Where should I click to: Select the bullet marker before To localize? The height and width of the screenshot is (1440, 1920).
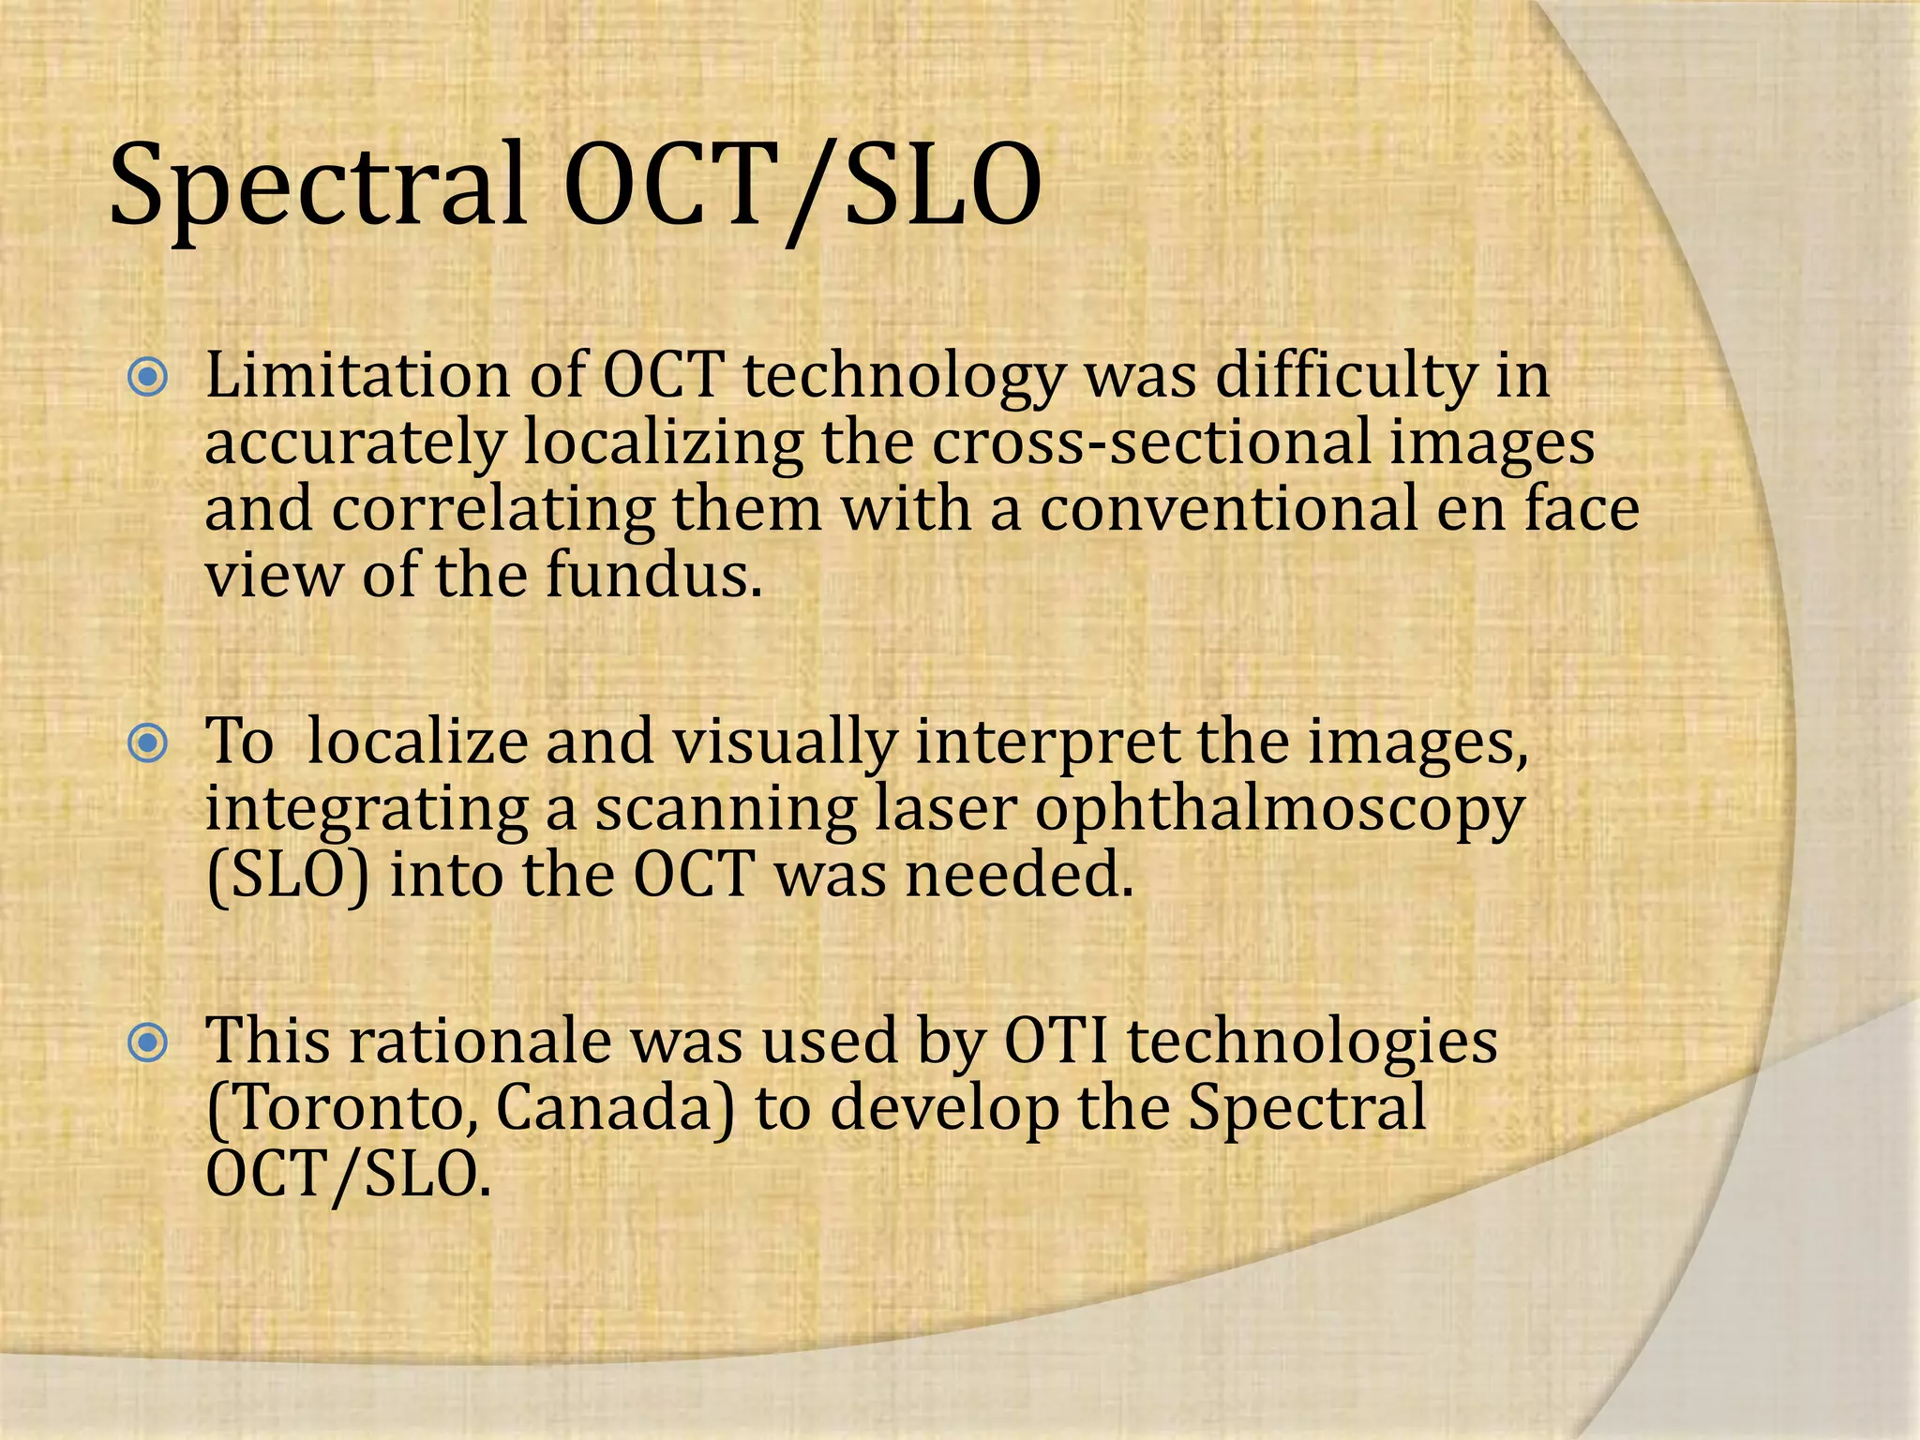148,744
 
